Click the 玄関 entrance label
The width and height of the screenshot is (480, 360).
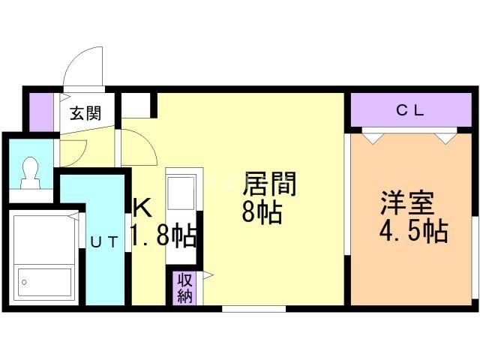85,113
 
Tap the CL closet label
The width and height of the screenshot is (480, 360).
410,110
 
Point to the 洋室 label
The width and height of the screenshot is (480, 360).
407,203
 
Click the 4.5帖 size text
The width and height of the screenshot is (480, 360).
414,231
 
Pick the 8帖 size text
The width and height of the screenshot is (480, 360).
262,212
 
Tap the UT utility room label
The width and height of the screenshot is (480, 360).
104,242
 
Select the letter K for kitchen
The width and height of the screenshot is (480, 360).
142,207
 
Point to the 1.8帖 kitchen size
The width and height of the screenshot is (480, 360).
163,235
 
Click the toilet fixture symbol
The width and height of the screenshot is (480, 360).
30,173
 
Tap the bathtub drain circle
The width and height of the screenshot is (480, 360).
24,282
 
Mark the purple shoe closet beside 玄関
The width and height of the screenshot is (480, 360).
41,112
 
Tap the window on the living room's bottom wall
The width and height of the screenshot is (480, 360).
253,308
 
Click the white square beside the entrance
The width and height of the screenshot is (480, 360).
136,105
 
